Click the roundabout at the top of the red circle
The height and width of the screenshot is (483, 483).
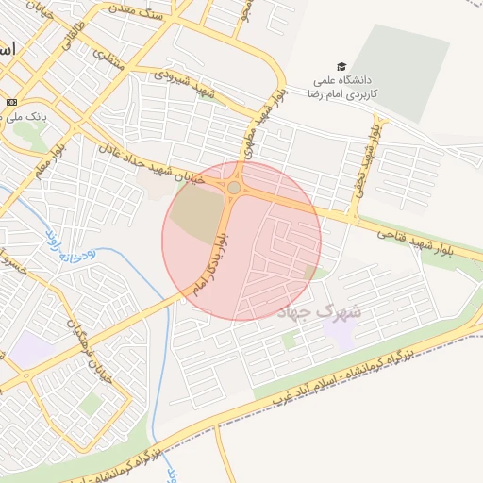233,189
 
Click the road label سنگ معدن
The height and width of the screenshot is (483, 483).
163,16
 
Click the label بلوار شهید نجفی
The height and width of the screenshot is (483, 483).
364,157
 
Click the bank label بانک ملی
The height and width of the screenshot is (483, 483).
21,116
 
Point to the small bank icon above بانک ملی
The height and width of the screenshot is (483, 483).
11,102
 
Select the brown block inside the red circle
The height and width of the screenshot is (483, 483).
193,218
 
